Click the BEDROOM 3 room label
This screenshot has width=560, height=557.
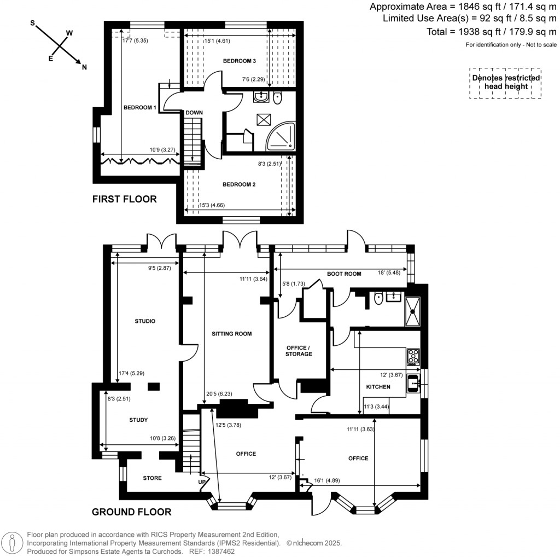240,61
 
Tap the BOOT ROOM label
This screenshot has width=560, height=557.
344,274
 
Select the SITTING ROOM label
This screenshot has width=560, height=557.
231,333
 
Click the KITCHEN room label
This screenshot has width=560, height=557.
378,387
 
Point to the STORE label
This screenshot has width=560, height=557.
152,478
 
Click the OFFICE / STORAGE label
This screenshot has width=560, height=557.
299,350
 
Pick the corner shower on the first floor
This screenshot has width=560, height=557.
282,137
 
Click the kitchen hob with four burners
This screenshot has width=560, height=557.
413,357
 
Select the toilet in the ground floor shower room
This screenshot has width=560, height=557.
378,299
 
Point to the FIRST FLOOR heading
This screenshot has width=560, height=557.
124,199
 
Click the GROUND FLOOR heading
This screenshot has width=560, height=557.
131,512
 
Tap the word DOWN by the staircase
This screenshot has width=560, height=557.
194,113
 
